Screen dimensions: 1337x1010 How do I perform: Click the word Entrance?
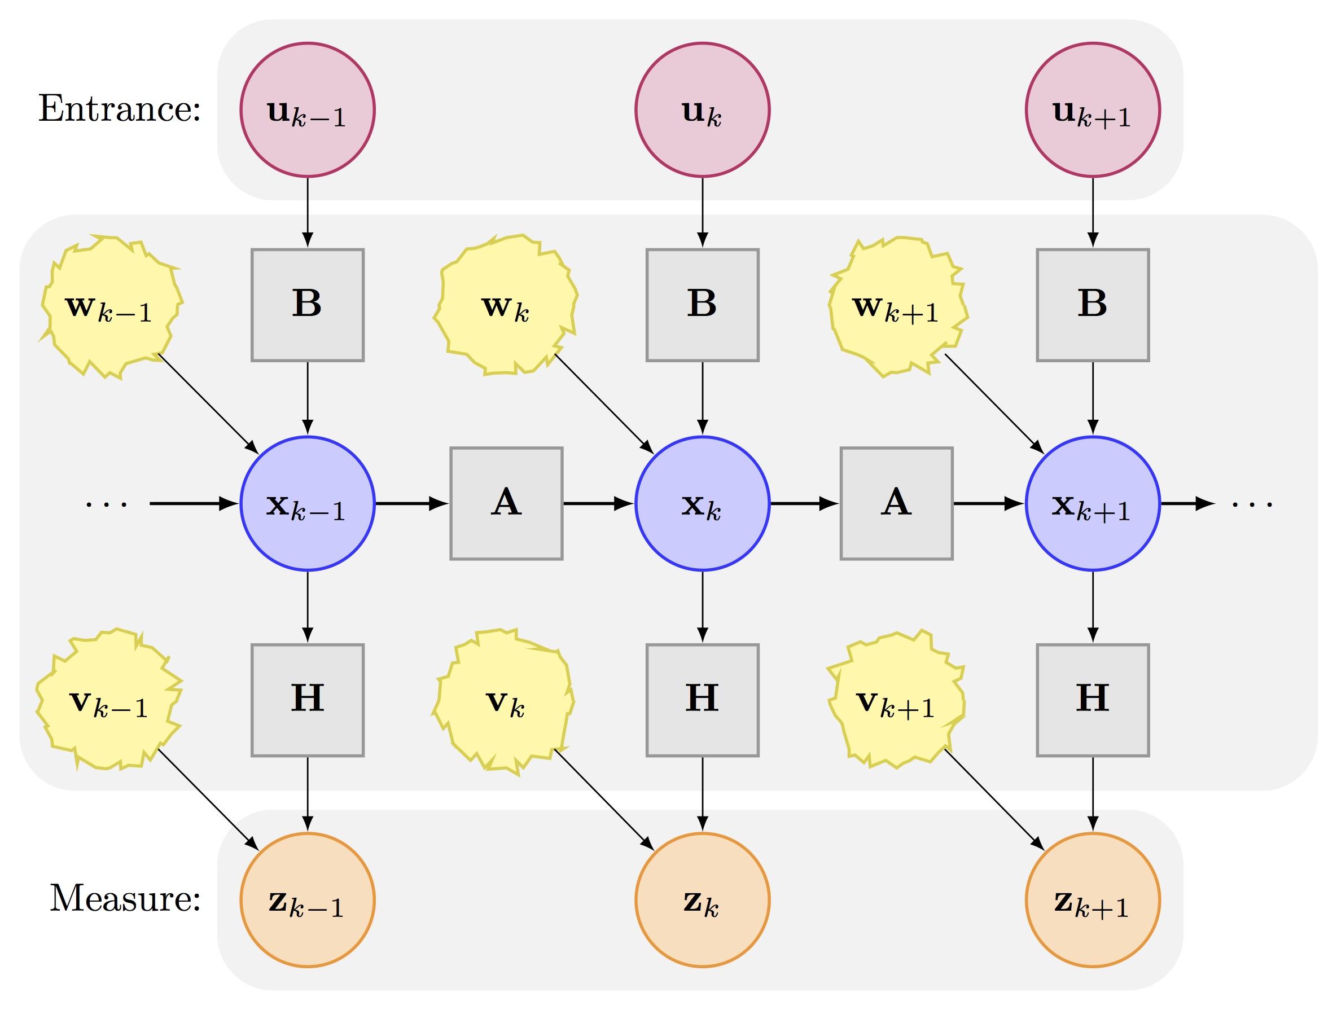[x=119, y=109]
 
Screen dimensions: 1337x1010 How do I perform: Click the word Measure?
[x=125, y=898]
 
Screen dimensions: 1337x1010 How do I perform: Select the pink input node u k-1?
[x=308, y=109]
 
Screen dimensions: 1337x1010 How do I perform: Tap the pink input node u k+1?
[x=1093, y=109]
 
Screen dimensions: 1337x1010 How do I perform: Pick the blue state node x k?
[x=702, y=503]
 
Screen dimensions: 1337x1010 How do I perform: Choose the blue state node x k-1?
[x=308, y=503]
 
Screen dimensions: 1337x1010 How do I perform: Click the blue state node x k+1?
[x=1093, y=503]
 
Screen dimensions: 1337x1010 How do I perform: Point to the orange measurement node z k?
[x=702, y=900]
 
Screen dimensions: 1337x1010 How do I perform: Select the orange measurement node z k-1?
[x=308, y=900]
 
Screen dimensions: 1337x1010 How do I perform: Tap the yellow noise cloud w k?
[x=505, y=305]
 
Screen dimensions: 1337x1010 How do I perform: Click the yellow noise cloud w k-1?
[x=111, y=307]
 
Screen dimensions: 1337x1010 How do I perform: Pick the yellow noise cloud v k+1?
[x=896, y=700]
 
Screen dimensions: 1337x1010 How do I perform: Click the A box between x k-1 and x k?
[x=506, y=503]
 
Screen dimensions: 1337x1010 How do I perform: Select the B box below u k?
[x=702, y=305]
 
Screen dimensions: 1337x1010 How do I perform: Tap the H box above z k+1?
[x=1093, y=700]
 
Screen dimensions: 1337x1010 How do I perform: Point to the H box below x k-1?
[x=308, y=700]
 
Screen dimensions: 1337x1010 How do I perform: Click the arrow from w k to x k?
[x=604, y=404]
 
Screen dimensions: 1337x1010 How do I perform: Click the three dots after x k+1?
[x=1253, y=504]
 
